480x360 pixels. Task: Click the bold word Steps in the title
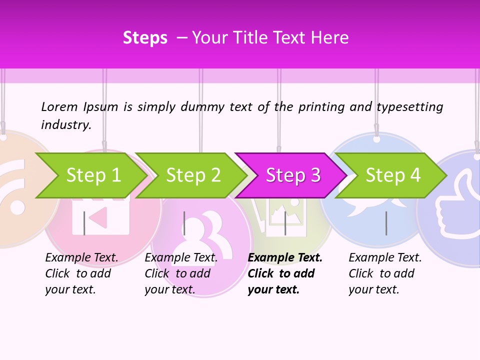click(x=145, y=38)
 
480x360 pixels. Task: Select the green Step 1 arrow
click(x=93, y=175)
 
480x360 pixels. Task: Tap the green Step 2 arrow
click(x=193, y=175)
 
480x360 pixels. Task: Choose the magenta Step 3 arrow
click(x=293, y=175)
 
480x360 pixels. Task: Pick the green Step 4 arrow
click(x=393, y=175)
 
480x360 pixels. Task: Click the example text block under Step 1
click(x=81, y=273)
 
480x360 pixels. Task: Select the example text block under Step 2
click(x=181, y=273)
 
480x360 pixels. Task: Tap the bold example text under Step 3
click(x=285, y=273)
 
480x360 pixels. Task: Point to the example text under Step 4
click(x=385, y=273)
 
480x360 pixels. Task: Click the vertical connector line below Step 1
click(x=84, y=223)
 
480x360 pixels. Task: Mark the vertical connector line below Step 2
click(x=184, y=223)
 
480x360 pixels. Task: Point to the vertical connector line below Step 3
click(x=285, y=223)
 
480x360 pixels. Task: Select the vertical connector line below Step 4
click(x=386, y=223)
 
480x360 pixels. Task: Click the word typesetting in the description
click(x=409, y=107)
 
